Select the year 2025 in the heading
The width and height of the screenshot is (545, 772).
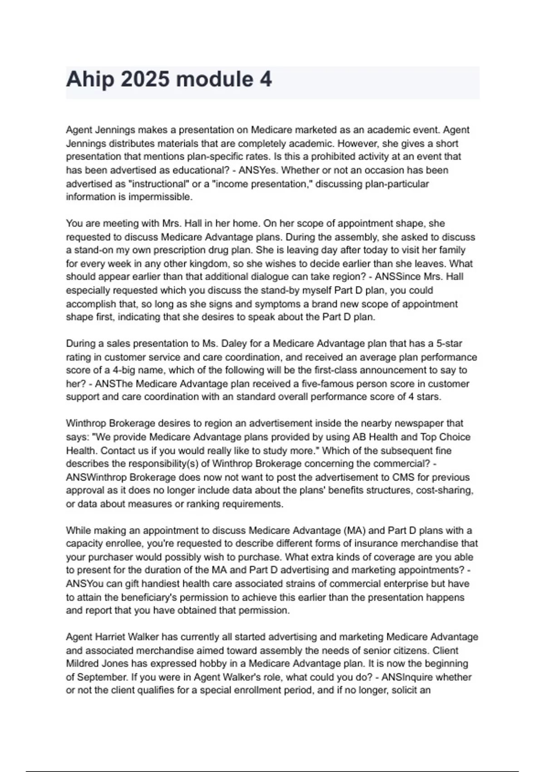[x=145, y=79]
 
